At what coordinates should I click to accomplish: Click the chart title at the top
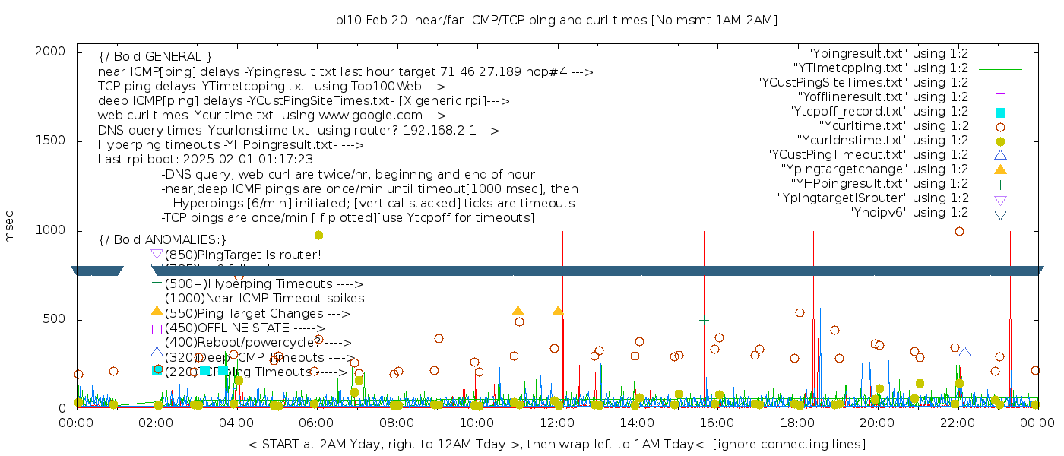(556, 20)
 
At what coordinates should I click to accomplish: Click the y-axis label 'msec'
(10, 229)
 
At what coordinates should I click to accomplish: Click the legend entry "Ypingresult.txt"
(888, 54)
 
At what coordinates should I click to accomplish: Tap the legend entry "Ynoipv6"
(908, 213)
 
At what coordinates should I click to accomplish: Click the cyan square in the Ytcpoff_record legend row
(1000, 112)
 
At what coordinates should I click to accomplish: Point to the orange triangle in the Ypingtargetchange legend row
(1000, 169)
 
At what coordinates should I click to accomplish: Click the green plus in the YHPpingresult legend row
(1000, 184)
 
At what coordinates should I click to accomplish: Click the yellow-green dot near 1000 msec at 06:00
(318, 236)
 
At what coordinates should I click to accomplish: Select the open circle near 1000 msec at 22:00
(959, 231)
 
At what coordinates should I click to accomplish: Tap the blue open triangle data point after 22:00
(964, 352)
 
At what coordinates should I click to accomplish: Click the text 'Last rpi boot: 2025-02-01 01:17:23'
(205, 160)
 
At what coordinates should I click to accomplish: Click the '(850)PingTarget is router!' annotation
(242, 255)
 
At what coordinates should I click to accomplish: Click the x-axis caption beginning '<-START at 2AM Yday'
(556, 444)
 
